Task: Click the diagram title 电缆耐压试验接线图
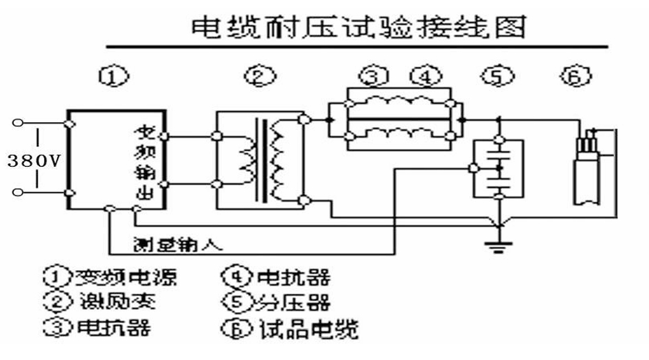[x=358, y=27]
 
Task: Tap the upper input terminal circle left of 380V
[x=18, y=123]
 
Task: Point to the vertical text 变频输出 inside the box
[x=145, y=162]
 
